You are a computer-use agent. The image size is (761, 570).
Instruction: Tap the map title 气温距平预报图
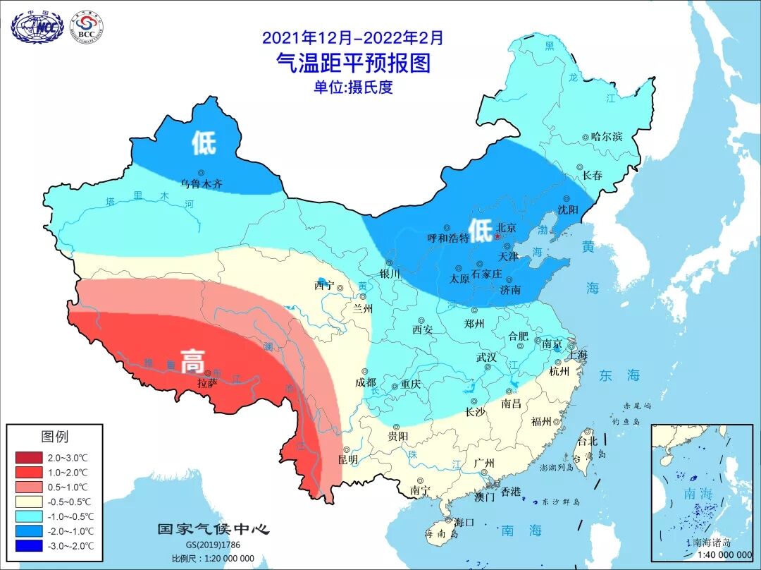(x=352, y=63)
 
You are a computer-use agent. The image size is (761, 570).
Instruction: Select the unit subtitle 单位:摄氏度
(x=352, y=87)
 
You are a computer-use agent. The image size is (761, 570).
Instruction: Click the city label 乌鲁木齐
(x=201, y=183)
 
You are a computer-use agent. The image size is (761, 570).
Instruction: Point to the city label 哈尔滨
(x=607, y=137)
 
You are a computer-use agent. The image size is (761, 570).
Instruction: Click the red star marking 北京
(x=497, y=238)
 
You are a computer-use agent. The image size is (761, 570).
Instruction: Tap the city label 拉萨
(x=206, y=383)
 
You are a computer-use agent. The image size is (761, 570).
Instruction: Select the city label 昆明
(x=347, y=459)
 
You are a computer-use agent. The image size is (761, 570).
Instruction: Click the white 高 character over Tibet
(x=192, y=363)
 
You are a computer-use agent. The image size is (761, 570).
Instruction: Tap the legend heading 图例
(x=54, y=437)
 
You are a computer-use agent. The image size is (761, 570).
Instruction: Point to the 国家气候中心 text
(x=213, y=529)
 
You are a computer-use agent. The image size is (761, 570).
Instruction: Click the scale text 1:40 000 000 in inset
(x=707, y=554)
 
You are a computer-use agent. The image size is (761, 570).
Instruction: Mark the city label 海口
(x=463, y=522)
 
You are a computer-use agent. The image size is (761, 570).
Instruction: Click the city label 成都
(x=366, y=382)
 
